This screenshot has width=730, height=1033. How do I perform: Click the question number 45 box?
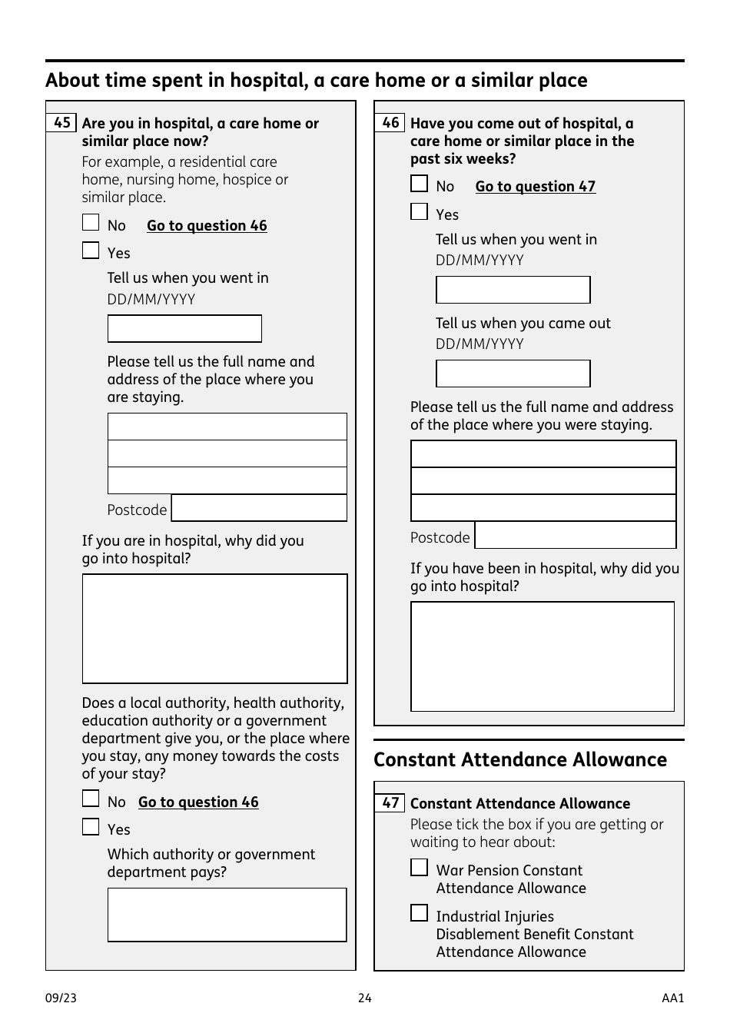point(61,123)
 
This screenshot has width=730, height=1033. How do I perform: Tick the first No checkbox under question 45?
point(91,223)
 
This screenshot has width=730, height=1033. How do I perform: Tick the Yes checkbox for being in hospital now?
point(91,251)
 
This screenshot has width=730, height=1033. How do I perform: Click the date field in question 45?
point(184,329)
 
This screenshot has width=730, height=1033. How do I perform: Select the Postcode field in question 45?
point(259,508)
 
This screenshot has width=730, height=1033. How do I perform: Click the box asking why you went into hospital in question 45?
point(214,629)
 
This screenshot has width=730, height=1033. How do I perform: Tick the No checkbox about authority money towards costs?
point(91,799)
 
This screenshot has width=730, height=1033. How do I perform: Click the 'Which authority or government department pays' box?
point(227,915)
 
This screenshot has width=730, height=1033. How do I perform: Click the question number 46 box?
point(390,123)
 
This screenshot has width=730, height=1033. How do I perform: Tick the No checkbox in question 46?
point(419,184)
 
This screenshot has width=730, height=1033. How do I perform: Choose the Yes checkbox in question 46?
point(419,212)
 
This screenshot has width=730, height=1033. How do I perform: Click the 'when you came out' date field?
point(513,374)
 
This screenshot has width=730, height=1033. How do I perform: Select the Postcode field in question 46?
point(576,536)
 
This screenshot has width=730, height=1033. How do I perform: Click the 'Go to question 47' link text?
point(535,187)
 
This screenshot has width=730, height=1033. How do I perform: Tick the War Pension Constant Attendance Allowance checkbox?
point(419,868)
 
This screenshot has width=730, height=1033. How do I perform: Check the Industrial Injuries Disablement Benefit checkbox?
point(419,913)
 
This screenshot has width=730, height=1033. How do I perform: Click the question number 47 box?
point(390,803)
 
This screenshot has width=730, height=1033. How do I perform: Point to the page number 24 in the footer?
point(364,998)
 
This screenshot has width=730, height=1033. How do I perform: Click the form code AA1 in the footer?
point(672,998)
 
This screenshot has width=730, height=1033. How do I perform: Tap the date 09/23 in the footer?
point(61,998)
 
